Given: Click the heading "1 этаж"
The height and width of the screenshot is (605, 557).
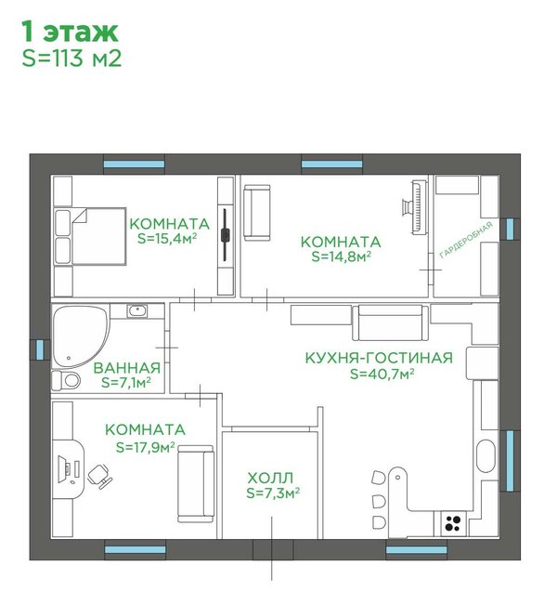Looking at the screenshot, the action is point(70,32).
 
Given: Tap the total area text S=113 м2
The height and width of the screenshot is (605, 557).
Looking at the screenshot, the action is point(71,59).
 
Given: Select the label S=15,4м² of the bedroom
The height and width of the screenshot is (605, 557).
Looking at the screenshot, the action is point(167,239).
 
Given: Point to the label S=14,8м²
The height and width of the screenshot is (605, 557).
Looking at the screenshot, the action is point(341,256).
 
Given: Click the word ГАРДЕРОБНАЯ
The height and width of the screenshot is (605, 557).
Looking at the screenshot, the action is point(466,239).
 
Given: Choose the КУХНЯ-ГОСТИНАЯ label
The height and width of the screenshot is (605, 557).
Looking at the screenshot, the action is point(379,358).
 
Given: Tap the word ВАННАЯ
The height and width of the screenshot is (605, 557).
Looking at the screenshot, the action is point(127,368).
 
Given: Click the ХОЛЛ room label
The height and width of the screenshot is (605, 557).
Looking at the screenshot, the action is point(270,478).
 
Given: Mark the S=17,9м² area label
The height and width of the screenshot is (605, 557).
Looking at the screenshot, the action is point(146,447).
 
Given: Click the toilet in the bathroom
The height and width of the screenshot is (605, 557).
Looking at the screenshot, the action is point(66,381).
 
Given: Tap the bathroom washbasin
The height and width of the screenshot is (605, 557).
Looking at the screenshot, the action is point(137,310).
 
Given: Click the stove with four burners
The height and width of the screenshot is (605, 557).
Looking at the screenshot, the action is point(453,523).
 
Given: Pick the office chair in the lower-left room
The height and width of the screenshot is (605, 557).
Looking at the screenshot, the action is point(99,477).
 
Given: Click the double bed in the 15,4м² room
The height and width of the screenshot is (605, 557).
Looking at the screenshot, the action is point(90,236).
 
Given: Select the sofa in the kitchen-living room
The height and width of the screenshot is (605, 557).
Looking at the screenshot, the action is point(391,323).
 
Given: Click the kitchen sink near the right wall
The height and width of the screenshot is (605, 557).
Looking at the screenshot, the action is point(486,455).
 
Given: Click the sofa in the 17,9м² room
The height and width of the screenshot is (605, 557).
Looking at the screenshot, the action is point(196,484).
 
